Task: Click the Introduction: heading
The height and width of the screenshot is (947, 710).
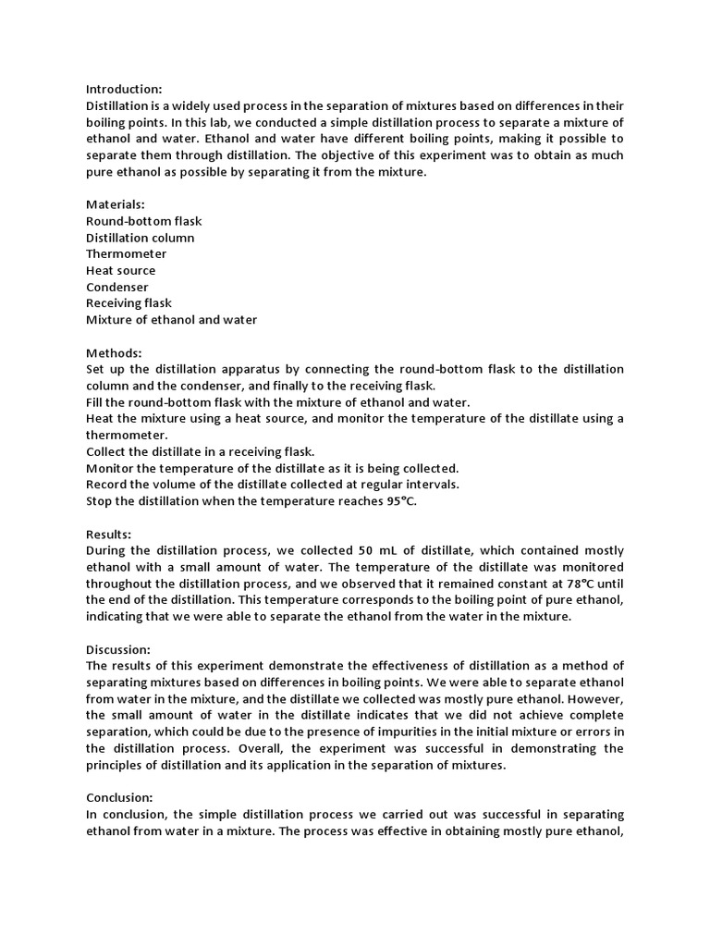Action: coord(124,90)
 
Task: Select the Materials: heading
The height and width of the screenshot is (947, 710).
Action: coord(115,204)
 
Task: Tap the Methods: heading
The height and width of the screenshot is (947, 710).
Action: coord(114,353)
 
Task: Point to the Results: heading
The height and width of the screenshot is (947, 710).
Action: coord(109,535)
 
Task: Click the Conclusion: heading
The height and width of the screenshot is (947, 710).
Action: coord(120,797)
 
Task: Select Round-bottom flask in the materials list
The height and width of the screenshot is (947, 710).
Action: coord(143,221)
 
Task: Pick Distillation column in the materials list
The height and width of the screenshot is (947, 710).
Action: coord(140,238)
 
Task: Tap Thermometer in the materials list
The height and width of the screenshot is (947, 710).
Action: coord(127,254)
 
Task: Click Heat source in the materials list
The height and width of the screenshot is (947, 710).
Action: coord(120,271)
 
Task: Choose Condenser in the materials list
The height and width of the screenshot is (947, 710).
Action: coord(116,288)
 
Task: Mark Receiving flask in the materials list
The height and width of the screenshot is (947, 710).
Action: coord(129,303)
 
